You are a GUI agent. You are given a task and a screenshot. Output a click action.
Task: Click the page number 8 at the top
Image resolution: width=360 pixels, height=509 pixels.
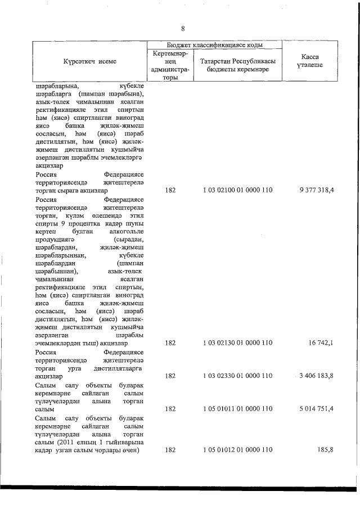(183, 29)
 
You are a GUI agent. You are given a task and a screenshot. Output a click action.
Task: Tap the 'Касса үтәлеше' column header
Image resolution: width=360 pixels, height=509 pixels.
(310, 61)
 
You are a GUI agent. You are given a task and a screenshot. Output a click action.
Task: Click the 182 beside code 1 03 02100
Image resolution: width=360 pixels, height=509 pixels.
(170, 191)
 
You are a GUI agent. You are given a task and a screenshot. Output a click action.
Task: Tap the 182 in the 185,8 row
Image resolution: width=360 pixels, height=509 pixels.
(170, 451)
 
